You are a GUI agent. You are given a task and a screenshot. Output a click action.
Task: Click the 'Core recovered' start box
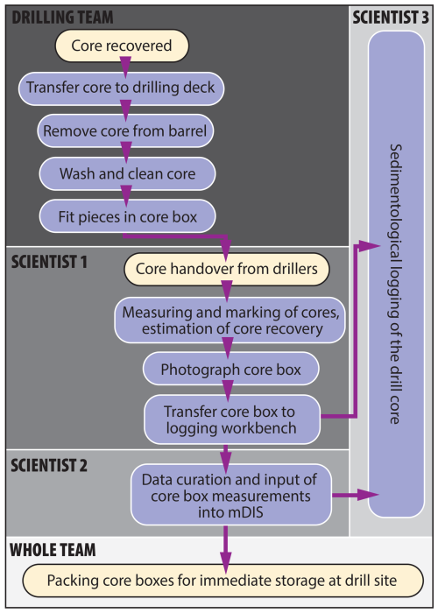pyautogui.click(x=122, y=46)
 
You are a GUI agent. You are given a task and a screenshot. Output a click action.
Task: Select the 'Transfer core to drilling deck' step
pyautogui.click(x=121, y=88)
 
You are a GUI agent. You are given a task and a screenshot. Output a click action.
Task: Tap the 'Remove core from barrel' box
pyautogui.click(x=125, y=131)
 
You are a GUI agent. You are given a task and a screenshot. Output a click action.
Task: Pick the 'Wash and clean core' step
pyautogui.click(x=127, y=173)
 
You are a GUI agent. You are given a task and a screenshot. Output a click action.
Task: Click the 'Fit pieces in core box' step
pyautogui.click(x=127, y=216)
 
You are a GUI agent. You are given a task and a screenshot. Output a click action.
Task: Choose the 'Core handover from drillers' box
pyautogui.click(x=227, y=269)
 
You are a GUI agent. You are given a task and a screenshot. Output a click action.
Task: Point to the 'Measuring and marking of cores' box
pyautogui.click(x=230, y=321)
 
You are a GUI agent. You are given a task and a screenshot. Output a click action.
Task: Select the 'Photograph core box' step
pyautogui.click(x=230, y=369)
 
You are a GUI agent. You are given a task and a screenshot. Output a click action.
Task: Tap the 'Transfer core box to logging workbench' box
pyautogui.click(x=232, y=419)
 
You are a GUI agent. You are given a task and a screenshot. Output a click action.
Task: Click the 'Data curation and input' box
pyautogui.click(x=231, y=495)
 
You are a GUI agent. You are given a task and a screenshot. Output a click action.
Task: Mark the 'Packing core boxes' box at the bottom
pyautogui.click(x=223, y=581)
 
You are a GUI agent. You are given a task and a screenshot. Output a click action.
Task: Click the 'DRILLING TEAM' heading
pyautogui.click(x=62, y=18)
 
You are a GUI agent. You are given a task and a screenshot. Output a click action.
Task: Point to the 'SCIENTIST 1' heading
pyautogui.click(x=49, y=262)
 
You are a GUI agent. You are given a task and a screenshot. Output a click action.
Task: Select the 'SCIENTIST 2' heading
pyautogui.click(x=49, y=465)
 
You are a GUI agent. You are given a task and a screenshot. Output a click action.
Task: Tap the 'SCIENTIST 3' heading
pyautogui.click(x=391, y=18)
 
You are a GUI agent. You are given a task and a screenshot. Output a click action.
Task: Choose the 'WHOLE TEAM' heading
pyautogui.click(x=53, y=550)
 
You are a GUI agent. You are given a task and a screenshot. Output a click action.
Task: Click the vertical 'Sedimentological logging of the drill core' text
pyautogui.click(x=395, y=284)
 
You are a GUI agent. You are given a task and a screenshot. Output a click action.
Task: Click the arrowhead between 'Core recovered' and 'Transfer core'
pyautogui.click(x=125, y=67)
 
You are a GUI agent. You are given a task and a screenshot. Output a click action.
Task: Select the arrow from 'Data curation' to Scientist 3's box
pyautogui.click(x=356, y=495)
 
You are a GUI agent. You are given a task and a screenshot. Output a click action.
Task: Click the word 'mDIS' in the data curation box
pyautogui.click(x=230, y=512)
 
